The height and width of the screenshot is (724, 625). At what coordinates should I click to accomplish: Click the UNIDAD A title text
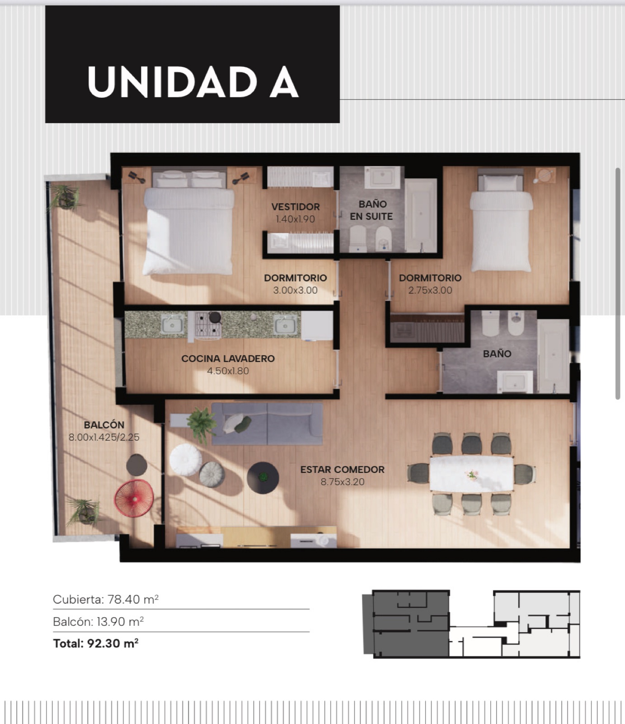coord(193,82)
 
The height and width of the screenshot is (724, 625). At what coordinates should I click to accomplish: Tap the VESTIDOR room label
coord(296,207)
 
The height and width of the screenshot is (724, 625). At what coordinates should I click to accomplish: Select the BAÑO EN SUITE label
coord(371,210)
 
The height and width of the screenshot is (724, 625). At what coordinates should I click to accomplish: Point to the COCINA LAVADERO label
coord(228,358)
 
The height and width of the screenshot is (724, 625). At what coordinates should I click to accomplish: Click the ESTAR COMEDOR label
coord(343,470)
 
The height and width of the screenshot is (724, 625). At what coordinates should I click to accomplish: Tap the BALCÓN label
coord(104,425)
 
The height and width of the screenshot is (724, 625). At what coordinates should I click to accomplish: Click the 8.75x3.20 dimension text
coord(343,482)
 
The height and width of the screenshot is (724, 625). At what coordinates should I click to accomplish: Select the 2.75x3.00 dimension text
coord(430,291)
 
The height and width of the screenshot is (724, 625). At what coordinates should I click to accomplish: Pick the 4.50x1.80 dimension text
coord(228,371)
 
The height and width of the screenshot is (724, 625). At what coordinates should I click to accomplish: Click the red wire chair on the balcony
coord(134,498)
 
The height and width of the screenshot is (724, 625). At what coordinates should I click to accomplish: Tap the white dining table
coord(471,474)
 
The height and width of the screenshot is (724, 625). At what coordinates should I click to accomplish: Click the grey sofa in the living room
coord(267,424)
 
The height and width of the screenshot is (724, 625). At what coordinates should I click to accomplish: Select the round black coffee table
coord(263,477)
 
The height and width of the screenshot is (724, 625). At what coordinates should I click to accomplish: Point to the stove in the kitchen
coord(208,324)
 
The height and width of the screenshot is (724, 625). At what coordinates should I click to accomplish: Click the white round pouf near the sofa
coord(186,459)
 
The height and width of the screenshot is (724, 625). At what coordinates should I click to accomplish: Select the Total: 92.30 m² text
coord(96,643)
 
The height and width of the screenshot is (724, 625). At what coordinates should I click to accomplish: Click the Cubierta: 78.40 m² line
coord(106,600)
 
